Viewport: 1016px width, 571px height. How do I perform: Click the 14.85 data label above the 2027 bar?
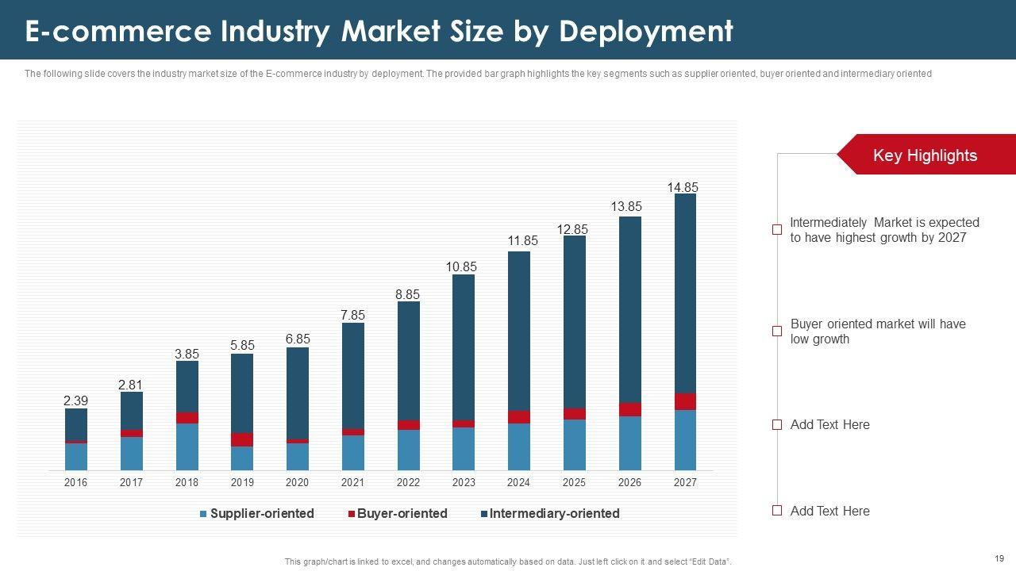(x=683, y=188)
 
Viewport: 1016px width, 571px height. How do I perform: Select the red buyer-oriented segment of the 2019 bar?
(x=242, y=439)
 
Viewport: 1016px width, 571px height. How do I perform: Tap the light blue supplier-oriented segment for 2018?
(x=187, y=446)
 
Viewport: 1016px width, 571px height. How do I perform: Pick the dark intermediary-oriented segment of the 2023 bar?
(x=464, y=347)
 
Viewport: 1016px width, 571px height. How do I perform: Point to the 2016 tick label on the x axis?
(x=76, y=482)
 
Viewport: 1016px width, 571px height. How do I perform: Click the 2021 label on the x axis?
(x=352, y=482)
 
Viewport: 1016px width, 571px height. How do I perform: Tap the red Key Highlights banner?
(x=925, y=155)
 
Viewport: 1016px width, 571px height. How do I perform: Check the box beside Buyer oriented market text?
(x=777, y=331)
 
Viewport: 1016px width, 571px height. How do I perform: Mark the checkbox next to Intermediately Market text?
(x=777, y=230)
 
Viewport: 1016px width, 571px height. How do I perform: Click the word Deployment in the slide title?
(x=645, y=32)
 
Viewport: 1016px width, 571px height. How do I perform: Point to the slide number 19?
(x=999, y=558)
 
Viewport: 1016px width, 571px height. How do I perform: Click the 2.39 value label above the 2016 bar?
(x=75, y=402)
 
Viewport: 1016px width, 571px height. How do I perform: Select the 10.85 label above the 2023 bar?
(x=461, y=267)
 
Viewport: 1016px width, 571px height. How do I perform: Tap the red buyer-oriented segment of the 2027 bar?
(x=685, y=401)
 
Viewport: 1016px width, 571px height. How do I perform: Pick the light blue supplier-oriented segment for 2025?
(x=574, y=445)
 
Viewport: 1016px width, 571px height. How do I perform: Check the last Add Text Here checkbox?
(x=777, y=511)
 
